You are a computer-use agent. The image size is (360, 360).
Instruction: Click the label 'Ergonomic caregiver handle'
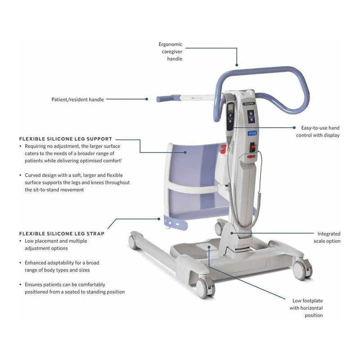click(170, 52)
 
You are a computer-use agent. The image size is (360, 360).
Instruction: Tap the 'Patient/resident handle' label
click(77, 99)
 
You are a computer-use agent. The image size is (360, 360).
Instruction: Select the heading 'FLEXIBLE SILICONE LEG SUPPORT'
click(66, 139)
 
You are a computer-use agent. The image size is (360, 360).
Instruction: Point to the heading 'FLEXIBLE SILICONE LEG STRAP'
click(62, 234)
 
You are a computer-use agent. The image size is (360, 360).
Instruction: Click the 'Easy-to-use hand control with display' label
click(317, 131)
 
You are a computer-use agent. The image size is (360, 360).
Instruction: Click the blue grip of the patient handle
click(165, 98)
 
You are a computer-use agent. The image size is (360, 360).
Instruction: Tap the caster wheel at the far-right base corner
click(301, 270)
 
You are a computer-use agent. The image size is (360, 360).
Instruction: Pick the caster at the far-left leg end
click(133, 242)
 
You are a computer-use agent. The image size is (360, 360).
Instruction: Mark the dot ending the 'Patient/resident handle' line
click(146, 99)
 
